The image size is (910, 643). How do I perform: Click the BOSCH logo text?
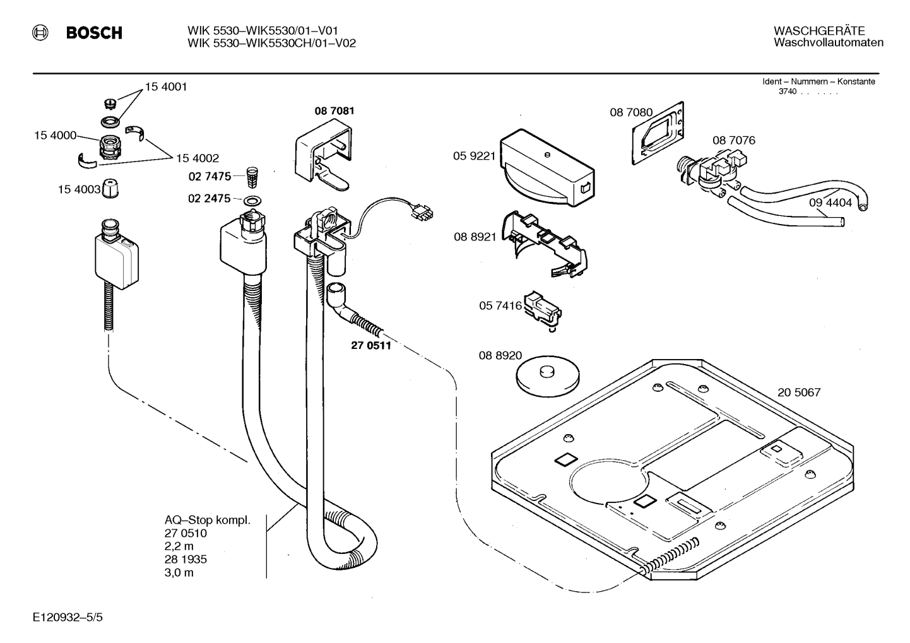coord(94,33)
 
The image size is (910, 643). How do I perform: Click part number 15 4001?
coord(166,87)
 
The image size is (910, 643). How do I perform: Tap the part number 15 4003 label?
coord(79,189)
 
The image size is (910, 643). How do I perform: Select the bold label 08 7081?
coord(334,111)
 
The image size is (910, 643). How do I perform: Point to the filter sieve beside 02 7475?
coord(252,177)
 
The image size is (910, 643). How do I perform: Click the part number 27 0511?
coord(371,345)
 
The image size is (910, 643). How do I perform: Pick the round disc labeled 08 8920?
coord(547,377)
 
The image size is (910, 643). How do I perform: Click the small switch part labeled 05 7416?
coord(543,309)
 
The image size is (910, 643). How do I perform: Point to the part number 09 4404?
coord(830,203)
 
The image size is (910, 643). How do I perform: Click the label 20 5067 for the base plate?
coord(799,392)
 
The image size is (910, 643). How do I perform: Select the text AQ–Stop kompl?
coord(208,521)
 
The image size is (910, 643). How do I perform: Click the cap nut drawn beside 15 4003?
coord(112,189)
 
